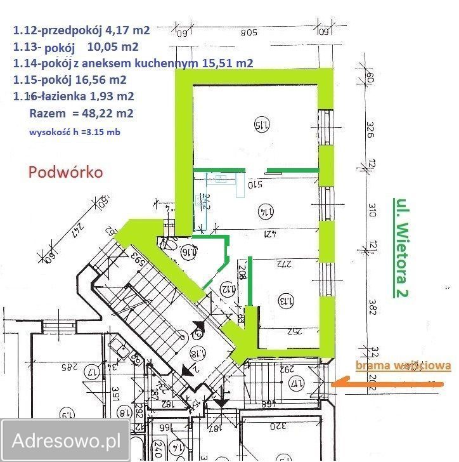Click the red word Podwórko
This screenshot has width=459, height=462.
[x=65, y=172]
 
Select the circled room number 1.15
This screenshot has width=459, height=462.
[x=259, y=123]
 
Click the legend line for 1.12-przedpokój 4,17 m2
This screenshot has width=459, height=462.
[x=81, y=29]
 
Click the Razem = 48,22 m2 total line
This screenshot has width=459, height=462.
[x=81, y=114]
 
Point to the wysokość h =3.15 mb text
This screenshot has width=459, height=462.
[x=74, y=133]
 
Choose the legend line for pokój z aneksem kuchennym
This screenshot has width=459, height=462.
[x=133, y=63]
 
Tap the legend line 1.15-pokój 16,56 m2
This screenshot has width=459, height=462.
[x=69, y=79]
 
